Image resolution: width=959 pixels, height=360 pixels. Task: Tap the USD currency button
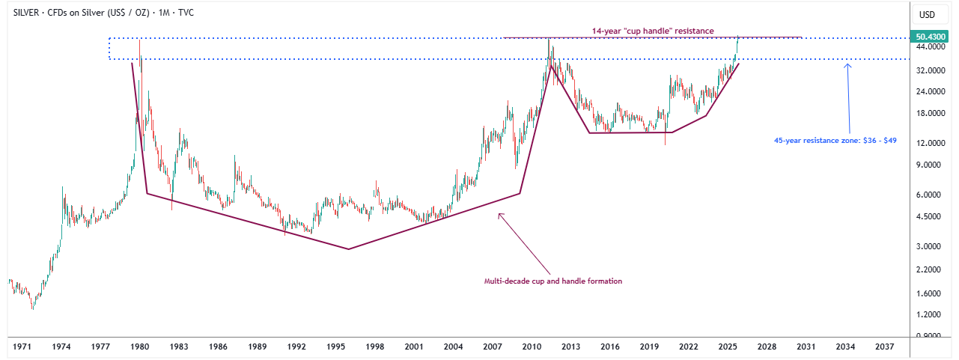[x=927, y=15]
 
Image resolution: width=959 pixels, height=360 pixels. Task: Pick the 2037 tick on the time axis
[x=884, y=347]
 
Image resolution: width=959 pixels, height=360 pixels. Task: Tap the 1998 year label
[x=375, y=347]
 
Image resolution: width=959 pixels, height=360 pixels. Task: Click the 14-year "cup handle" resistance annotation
[x=651, y=31]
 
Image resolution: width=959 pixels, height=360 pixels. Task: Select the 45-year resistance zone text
[x=835, y=140]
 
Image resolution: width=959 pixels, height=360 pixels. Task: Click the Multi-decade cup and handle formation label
[x=553, y=281]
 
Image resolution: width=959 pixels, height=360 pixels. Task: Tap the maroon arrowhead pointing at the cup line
[x=500, y=216]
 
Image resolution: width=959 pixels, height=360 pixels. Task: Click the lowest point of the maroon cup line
[x=349, y=249]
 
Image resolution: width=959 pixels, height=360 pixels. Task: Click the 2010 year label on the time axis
[x=532, y=347]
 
